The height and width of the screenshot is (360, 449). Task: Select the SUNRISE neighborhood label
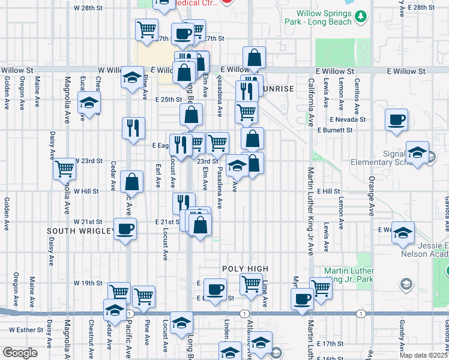[x=278, y=89]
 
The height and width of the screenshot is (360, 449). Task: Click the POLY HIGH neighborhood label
[x=244, y=269]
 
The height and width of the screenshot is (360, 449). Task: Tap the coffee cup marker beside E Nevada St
[x=396, y=120]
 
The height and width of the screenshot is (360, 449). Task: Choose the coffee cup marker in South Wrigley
[x=125, y=229]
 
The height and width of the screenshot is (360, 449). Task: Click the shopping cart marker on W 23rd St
[x=64, y=169]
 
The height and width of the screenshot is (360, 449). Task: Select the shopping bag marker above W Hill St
[x=131, y=181]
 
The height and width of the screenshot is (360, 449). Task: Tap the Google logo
[x=19, y=353]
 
